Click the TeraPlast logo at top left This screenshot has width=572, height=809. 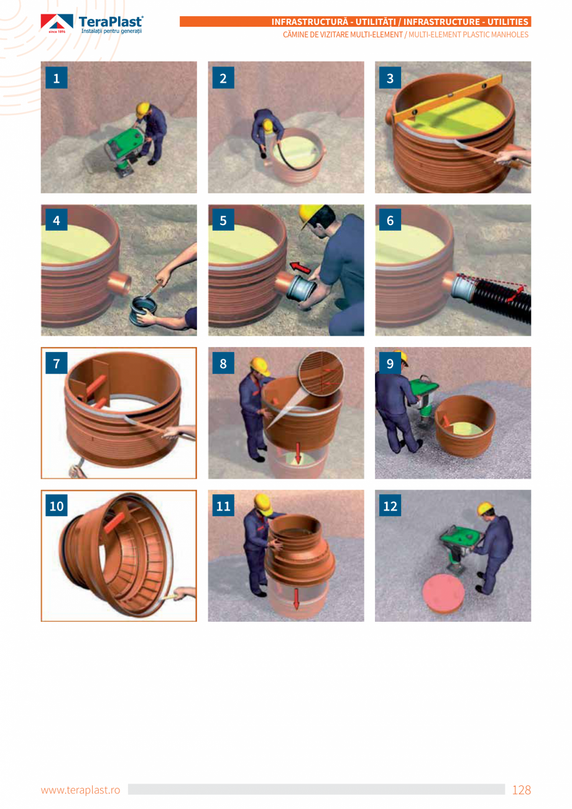(x=92, y=24)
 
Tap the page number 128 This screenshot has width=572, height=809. (x=521, y=790)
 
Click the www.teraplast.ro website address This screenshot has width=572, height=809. (x=80, y=790)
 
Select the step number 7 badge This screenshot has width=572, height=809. (x=57, y=364)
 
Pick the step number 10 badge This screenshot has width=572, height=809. (x=57, y=506)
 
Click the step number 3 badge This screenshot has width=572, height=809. (x=390, y=78)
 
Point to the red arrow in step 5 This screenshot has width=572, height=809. (x=301, y=268)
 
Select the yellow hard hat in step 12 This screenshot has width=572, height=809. (x=485, y=509)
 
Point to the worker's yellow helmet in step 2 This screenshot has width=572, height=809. (x=268, y=126)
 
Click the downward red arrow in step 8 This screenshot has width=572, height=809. (x=297, y=453)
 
